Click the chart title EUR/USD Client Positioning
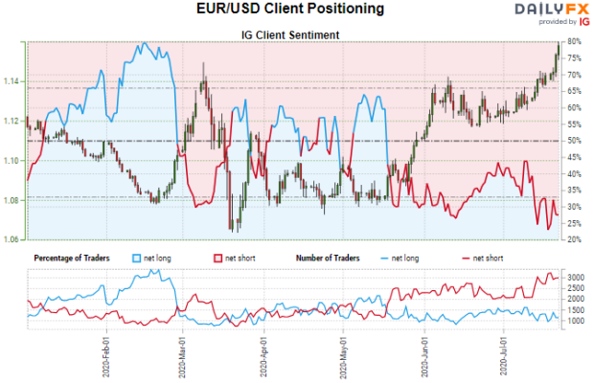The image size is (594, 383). click(x=297, y=10)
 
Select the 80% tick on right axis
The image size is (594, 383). click(x=574, y=42)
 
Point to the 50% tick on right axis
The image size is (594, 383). click(x=574, y=141)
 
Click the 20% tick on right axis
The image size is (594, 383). click(x=574, y=239)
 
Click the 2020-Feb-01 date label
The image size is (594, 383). click(x=105, y=356)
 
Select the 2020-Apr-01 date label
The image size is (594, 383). click(x=263, y=356)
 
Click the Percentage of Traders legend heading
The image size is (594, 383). click(x=72, y=259)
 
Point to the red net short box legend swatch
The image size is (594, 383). click(x=216, y=259)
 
